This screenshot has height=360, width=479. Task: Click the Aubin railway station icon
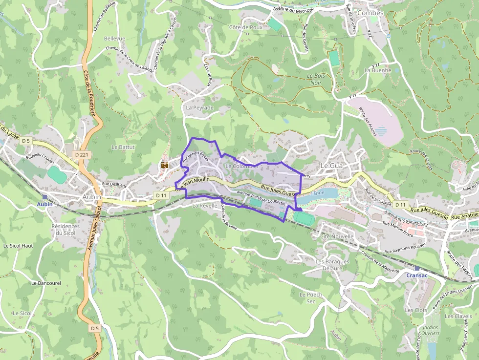point(44,197)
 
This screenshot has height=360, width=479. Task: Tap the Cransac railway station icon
point(416,268)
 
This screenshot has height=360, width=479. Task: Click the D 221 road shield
point(82,154)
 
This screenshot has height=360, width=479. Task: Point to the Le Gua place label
point(331,166)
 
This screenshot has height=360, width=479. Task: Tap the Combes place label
point(370,13)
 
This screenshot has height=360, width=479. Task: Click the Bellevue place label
point(114,38)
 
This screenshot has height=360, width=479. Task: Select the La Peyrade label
point(200,107)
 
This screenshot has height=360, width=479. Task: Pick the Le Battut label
point(123,147)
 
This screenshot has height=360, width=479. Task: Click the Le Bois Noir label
point(317,79)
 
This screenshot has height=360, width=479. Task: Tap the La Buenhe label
point(378,70)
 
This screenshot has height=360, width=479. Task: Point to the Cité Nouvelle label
point(336,236)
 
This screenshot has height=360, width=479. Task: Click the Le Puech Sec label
point(311,298)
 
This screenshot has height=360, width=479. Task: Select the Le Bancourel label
point(46,283)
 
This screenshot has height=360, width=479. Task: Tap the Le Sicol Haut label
point(18,245)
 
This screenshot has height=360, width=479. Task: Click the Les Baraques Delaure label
point(332,264)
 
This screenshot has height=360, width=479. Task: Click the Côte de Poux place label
point(246,27)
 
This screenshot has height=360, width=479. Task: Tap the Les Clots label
point(416,310)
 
